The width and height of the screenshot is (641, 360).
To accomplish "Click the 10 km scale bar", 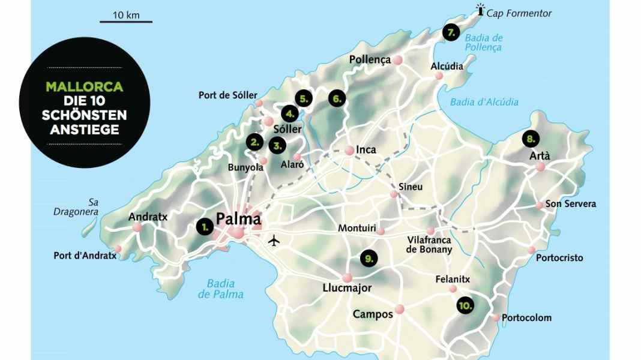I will click(x=125, y=22).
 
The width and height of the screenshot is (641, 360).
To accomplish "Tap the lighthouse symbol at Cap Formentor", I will click(x=480, y=10).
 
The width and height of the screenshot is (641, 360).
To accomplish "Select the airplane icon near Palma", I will click(x=274, y=241).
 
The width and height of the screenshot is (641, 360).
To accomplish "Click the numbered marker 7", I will click(x=451, y=32).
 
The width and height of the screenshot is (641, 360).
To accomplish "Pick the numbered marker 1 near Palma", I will click(x=205, y=226).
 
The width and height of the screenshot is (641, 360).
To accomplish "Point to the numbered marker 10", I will click(x=465, y=305).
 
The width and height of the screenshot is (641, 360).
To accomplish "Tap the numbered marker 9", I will click(x=369, y=259).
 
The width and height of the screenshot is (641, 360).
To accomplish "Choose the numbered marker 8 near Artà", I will click(x=530, y=139).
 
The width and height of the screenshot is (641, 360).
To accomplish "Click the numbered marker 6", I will click(x=337, y=98).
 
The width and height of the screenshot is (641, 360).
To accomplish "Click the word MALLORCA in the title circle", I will click(x=84, y=87).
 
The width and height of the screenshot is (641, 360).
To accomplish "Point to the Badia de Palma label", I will click(x=221, y=289).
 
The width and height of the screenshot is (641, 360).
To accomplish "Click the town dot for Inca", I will click(x=349, y=151).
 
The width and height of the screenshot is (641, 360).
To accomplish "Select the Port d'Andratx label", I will click(x=85, y=256).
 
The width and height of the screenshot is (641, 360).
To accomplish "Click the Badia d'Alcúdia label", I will click(x=484, y=102).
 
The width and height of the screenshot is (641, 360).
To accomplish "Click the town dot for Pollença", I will click(x=397, y=60).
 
